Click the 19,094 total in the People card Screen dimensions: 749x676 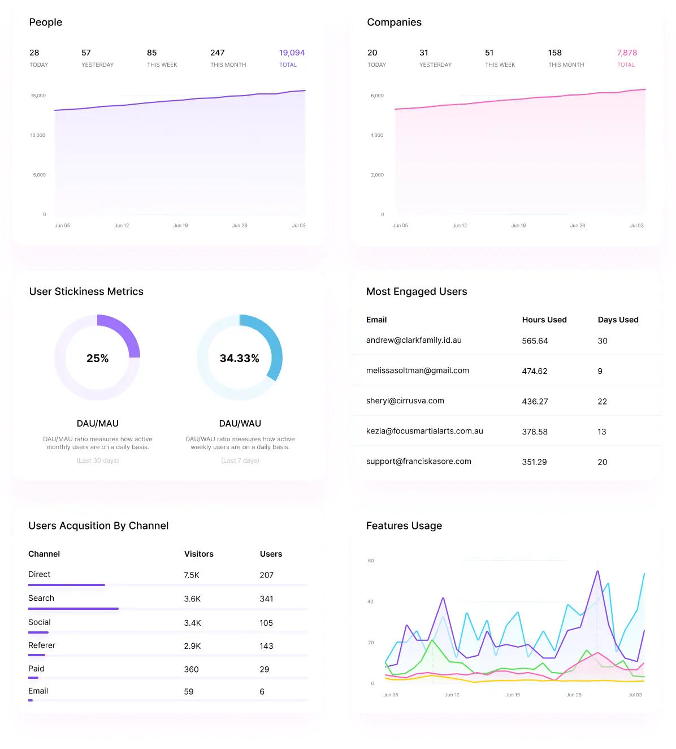coord(292,53)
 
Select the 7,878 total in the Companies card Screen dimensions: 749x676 coord(627,53)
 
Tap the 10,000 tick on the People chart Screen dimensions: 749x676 coord(38,135)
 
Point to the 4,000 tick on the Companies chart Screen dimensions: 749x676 coord(377,135)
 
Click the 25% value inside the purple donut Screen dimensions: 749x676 coord(97,358)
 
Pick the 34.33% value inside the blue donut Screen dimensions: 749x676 coord(240,358)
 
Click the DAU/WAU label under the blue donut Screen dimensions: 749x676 coord(240,423)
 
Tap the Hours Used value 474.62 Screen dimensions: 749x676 coord(535,371)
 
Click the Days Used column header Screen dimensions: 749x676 coord(618,320)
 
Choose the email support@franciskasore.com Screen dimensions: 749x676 coord(418,461)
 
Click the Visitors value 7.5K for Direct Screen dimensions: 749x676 coord(192,575)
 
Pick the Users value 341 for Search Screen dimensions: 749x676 coord(266,599)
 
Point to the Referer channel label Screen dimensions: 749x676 coord(42,645)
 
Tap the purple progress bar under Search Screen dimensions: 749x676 coord(73,609)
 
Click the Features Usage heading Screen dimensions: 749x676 coord(404,526)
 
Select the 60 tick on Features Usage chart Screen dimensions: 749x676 coord(371,561)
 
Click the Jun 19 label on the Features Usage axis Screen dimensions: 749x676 coord(513,695)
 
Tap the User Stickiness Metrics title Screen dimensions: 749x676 coord(86,291)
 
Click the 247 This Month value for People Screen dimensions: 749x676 coord(218,53)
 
